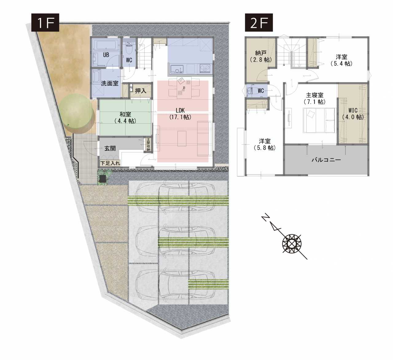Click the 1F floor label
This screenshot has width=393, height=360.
tap(45, 22)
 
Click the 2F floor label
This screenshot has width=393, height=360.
tap(259, 22)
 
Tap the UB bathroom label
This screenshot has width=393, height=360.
tap(106, 55)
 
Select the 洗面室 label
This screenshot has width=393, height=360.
tap(110, 83)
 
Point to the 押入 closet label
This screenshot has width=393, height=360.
tap(141, 91)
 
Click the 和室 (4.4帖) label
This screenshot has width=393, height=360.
tap(125, 117)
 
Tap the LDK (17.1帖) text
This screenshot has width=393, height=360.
tap(180, 113)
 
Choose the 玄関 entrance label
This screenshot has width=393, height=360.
tap(110, 148)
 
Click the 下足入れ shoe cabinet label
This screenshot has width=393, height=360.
tap(110, 163)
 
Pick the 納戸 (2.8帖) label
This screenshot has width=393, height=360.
tap(261, 56)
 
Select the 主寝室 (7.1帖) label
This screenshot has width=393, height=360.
tap(315, 98)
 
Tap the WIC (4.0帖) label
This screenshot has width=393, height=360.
tap(353, 113)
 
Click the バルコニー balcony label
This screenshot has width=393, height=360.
tap(326, 160)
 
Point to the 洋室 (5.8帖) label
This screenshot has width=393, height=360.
tap(265, 144)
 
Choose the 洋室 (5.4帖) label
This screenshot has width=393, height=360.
tap(341, 60)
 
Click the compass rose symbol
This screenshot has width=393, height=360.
tap(292, 244)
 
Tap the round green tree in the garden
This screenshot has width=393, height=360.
tap(76, 111)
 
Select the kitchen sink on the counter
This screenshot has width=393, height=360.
tap(177, 69)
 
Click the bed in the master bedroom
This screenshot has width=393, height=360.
tap(319, 121)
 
